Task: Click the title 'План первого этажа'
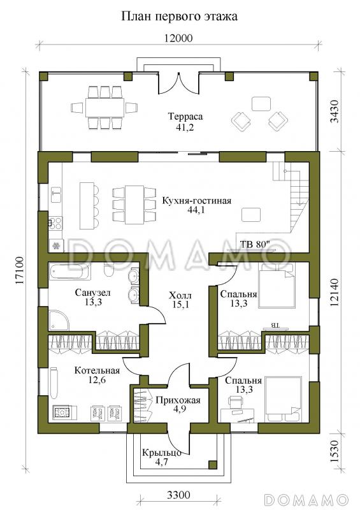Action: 179,17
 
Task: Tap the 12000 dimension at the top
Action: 178,38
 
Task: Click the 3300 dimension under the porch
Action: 178,495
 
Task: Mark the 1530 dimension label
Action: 335,451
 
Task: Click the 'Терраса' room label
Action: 185,117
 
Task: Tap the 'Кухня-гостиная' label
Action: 196,201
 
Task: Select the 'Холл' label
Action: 180,296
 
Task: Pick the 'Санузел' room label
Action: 92,293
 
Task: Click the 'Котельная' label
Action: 97,370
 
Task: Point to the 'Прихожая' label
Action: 178,400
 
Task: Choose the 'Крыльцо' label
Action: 162,453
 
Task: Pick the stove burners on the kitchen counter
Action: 55,222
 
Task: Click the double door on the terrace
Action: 178,84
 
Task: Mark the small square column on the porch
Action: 213,464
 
